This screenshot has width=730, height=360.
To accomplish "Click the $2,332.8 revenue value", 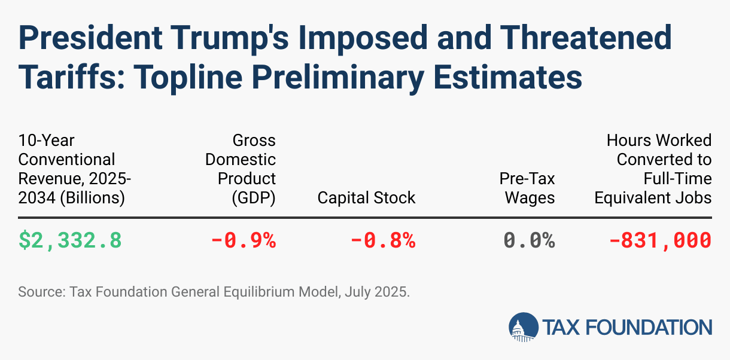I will (70, 240).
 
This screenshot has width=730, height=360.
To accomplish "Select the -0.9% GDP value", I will (243, 240).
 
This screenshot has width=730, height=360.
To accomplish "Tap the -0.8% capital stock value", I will (382, 240).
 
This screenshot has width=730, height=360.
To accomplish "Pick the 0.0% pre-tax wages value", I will (529, 240).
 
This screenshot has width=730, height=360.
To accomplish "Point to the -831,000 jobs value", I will (660, 240).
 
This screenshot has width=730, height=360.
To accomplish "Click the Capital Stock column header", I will (366, 197).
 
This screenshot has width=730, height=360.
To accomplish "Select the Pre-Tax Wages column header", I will (527, 188).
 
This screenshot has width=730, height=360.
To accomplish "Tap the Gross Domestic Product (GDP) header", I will (241, 169).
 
